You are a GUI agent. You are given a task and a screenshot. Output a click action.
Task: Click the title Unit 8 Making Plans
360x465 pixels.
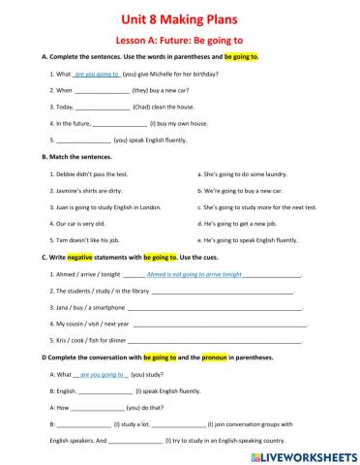180,18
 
